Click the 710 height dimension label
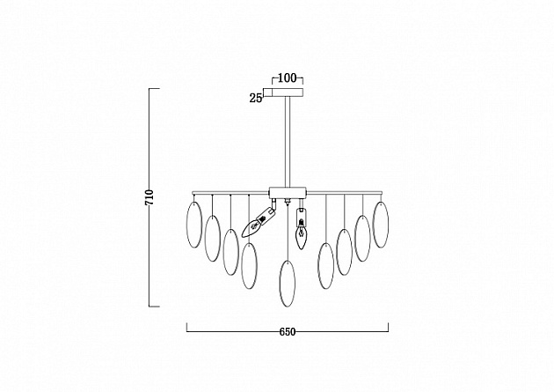pos(149,197)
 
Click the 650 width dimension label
pos(288,332)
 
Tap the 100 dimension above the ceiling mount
pos(288,78)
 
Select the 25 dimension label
pos(255,98)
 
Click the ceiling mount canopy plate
pos(288,92)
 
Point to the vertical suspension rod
pos(288,142)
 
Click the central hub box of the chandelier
pos(288,192)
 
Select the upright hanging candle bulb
pos(301,229)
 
